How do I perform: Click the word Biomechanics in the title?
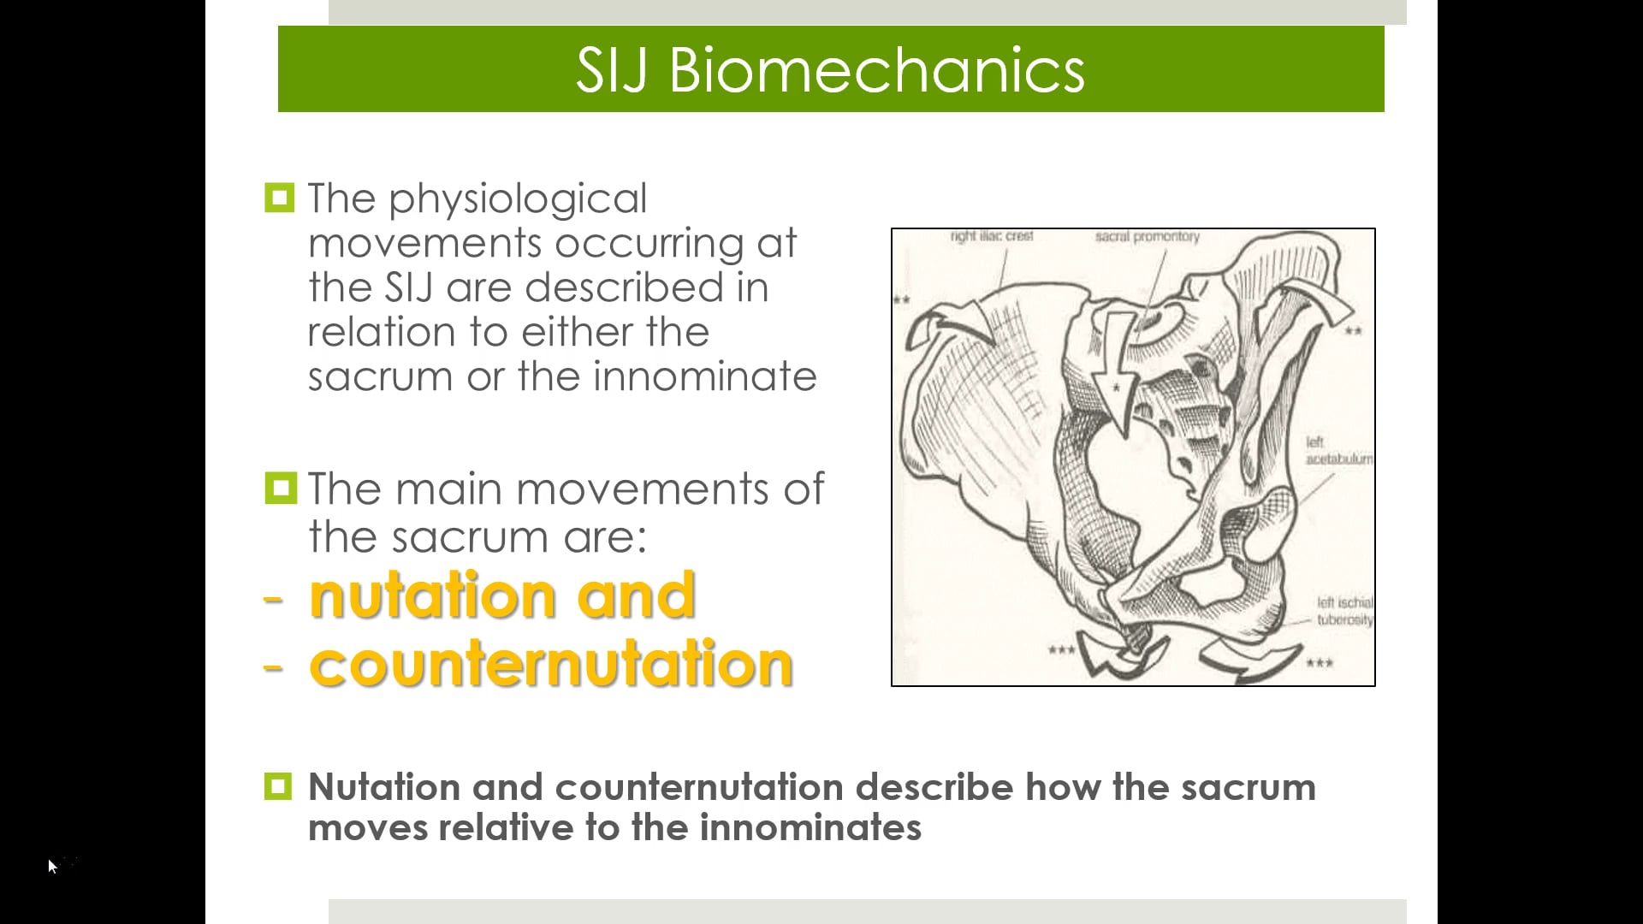coord(876,70)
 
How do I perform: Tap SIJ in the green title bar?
coord(614,70)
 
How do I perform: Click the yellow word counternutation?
coord(551,664)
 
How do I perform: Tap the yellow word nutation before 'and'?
coord(432,595)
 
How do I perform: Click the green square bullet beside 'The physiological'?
coord(280,198)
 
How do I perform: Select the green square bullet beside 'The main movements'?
coord(280,488)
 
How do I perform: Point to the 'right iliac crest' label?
coord(992,236)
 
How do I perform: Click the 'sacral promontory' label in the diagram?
coord(1147,236)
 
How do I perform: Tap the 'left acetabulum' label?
coord(1338,451)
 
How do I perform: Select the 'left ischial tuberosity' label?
coord(1344,611)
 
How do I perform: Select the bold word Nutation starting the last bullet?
coord(383,787)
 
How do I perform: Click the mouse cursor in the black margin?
coord(52,867)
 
